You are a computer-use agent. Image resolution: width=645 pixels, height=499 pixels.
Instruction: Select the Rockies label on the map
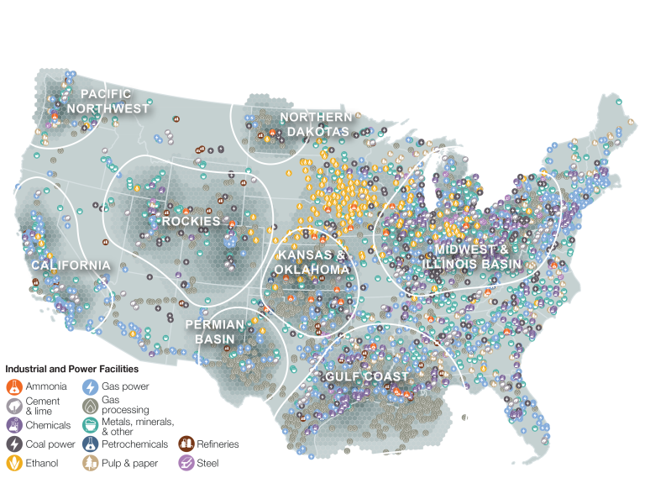(191, 221)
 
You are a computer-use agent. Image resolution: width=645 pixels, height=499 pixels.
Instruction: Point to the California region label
(71, 265)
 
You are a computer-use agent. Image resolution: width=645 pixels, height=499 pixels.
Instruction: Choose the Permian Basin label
(215, 331)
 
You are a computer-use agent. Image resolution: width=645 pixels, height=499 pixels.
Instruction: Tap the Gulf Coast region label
(369, 376)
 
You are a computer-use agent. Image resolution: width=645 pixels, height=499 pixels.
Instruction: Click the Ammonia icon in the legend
(14, 386)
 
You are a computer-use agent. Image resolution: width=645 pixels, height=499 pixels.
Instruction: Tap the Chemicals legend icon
(14, 425)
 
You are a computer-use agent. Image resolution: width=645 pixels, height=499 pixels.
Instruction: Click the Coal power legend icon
(14, 444)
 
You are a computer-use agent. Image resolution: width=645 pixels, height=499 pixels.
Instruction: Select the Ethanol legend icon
(14, 463)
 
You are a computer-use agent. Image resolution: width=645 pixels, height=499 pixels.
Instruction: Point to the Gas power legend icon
(89, 386)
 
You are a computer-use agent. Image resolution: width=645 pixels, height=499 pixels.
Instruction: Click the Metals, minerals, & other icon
(89, 425)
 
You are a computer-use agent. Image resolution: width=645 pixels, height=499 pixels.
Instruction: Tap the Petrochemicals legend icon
(89, 444)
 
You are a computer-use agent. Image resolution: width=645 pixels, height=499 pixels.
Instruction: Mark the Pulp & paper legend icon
(89, 463)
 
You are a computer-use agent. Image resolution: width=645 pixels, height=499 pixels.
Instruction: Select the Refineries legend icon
(186, 444)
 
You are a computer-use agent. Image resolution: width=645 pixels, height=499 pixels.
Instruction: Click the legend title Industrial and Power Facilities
(72, 369)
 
